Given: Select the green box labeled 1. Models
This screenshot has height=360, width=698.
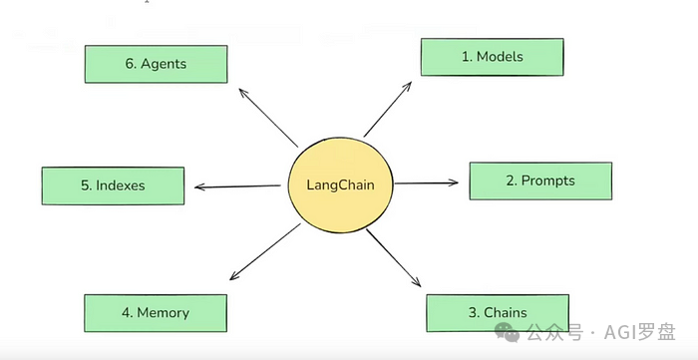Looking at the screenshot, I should click(492, 57).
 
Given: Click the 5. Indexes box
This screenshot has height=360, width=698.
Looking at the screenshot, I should click(113, 185).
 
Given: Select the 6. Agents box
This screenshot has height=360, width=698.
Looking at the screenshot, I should click(156, 63).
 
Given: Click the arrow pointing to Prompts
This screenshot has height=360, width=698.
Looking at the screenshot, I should click(427, 182).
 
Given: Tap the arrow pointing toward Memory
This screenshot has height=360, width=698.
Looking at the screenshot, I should click(264, 252).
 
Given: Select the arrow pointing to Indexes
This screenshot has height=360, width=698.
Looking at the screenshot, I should click(237, 185).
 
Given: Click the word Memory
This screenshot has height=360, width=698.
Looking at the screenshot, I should click(164, 312).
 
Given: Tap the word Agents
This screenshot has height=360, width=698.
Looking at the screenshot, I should click(164, 63).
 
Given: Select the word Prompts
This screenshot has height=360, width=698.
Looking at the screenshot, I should click(548, 180).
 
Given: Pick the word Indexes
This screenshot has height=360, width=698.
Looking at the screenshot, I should click(121, 185).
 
